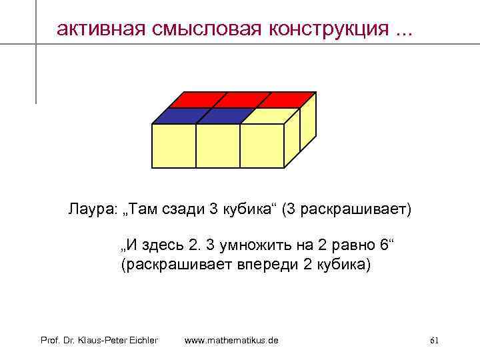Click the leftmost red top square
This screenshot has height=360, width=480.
click(x=195, y=99)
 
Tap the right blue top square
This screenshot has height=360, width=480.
click(x=220, y=115)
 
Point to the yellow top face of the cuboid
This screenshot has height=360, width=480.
click(x=265, y=115)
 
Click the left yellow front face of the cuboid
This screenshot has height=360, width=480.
click(x=174, y=145)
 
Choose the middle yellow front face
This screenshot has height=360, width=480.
click(x=217, y=145)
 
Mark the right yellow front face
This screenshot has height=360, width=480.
click(x=261, y=145)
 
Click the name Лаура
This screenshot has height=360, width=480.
click(x=90, y=209)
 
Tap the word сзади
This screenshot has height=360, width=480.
click(x=183, y=209)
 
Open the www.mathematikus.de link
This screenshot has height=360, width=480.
click(x=231, y=340)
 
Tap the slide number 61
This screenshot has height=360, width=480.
click(x=434, y=341)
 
